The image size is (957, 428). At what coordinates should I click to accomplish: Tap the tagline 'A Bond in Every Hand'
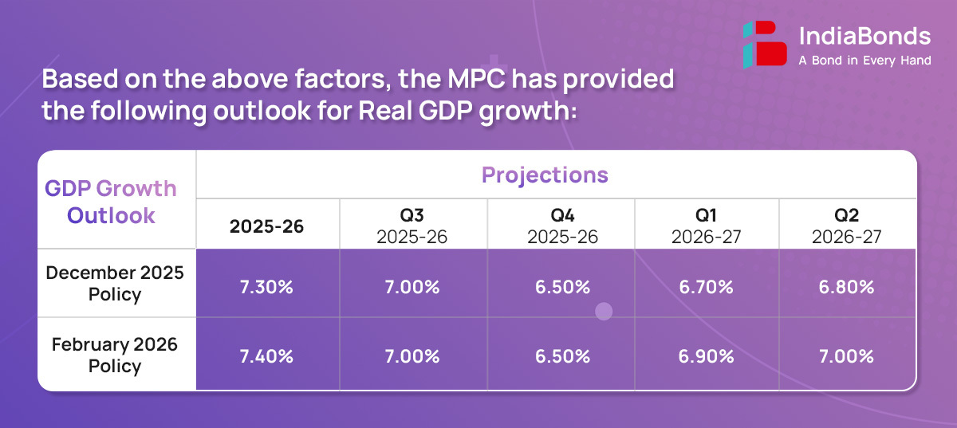click(864, 61)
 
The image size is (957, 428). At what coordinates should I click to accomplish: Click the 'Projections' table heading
click(545, 175)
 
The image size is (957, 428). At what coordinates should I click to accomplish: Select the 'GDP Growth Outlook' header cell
click(111, 202)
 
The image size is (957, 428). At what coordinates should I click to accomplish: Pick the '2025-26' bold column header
click(267, 226)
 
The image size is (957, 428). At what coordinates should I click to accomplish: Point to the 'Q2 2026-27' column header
click(846, 226)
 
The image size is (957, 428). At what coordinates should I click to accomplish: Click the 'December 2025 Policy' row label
click(115, 283)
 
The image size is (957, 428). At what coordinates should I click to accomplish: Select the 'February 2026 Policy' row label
click(115, 355)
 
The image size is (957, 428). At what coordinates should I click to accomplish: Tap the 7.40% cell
click(267, 356)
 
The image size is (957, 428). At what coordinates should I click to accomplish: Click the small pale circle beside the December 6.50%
click(604, 312)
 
